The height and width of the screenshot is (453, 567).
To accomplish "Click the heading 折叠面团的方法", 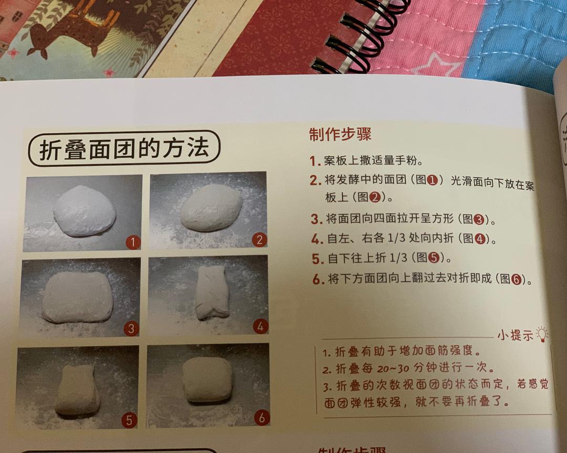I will point(124,148).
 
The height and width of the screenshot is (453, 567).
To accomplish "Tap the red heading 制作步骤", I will point(340,135).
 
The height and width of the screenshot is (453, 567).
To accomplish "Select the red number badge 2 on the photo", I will point(259,240).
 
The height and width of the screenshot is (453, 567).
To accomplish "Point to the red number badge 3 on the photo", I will point(131,329).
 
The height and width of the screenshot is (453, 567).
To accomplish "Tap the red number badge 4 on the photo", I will point(260,327).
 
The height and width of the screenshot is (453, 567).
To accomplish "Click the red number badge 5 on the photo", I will point(129,419).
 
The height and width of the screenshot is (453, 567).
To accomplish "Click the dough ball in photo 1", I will point(84,211).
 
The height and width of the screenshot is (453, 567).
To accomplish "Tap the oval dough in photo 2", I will point(211,207).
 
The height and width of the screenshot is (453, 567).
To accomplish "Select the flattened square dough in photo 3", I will point(77,297).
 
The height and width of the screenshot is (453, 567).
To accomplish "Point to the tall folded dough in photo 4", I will point(212,292).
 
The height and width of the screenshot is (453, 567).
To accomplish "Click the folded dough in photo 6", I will point(207,380).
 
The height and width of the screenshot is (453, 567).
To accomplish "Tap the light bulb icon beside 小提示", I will point(541,333).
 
